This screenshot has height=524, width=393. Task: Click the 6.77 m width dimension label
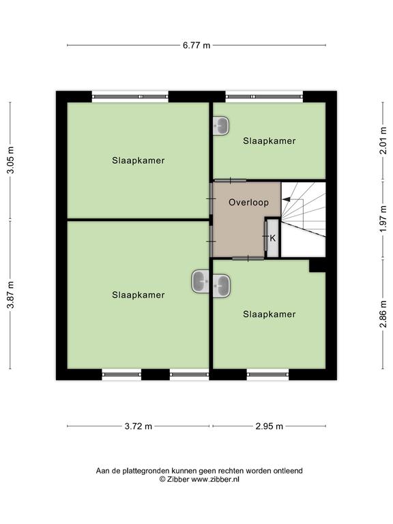tap(196, 45)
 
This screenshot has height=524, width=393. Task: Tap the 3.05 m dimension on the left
tap(11, 160)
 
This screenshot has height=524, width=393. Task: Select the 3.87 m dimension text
tap(11, 295)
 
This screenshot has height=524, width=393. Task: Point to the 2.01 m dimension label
tap(383, 140)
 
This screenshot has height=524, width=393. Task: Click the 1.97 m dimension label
tap(383, 219)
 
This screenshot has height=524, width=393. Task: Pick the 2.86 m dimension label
tap(383, 314)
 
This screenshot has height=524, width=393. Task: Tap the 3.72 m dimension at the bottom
tap(139, 426)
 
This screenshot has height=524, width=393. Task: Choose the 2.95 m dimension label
tap(270, 426)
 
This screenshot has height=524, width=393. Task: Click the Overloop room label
tap(248, 203)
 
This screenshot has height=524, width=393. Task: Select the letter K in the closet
tap(273, 238)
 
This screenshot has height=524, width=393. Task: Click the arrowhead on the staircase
tap(286, 199)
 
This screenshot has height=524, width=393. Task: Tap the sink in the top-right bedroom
tap(221, 126)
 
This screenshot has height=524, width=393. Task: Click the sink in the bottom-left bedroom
tap(201, 281)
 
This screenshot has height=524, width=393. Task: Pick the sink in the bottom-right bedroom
tap(222, 286)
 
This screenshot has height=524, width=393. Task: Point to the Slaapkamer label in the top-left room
tap(139, 161)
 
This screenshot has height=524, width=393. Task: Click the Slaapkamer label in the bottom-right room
tap(270, 315)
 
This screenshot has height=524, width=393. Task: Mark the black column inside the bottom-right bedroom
tap(317, 265)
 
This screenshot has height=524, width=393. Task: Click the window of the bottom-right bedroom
tap(267, 375)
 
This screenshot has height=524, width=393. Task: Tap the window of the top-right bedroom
tap(264, 97)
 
